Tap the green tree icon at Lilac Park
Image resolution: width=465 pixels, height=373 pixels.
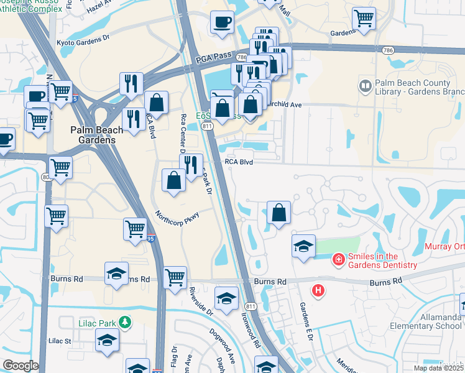tap(126, 322)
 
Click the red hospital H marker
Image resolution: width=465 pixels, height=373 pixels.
tap(318, 290)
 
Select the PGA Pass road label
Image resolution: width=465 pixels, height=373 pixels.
tap(213, 58)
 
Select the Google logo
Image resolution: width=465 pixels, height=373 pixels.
tap(21, 366)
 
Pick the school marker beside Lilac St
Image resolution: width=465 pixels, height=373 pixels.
tap(108, 340)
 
